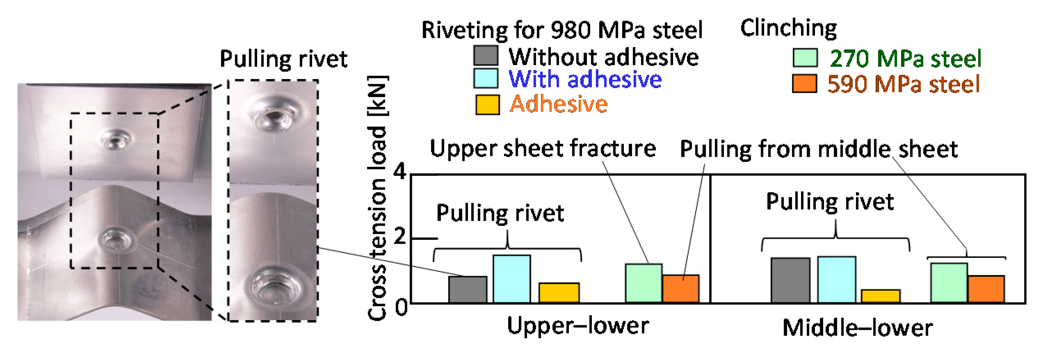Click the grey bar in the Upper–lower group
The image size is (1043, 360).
pyautogui.click(x=468, y=289)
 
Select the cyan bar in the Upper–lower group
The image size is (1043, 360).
pyautogui.click(x=511, y=279)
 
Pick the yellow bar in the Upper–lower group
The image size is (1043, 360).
pyautogui.click(x=559, y=293)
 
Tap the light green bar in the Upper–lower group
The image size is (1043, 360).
pyautogui.click(x=644, y=283)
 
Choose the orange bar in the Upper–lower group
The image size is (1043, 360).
pyautogui.click(x=681, y=289)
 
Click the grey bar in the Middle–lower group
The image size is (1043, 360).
pyautogui.click(x=790, y=280)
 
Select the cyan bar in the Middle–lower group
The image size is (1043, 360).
pyautogui.click(x=837, y=280)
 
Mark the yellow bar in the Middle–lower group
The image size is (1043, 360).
pyautogui.click(x=881, y=296)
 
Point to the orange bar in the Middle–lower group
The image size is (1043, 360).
pyautogui.click(x=986, y=289)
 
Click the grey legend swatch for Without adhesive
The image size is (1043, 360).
pyautogui.click(x=486, y=55)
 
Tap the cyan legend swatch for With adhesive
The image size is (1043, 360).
pyautogui.click(x=486, y=78)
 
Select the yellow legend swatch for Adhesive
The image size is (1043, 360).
pyautogui.click(x=488, y=105)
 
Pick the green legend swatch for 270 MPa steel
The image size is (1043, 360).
pyautogui.click(x=805, y=58)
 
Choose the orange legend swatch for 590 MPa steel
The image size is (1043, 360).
pyautogui.click(x=804, y=84)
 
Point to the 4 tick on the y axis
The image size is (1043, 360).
pyautogui.click(x=400, y=171)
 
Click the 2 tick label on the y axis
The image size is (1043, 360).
pyautogui.click(x=400, y=237)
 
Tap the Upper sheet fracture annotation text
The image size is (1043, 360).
pyautogui.click(x=542, y=148)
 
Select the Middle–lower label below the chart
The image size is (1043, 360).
pyautogui.click(x=857, y=328)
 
